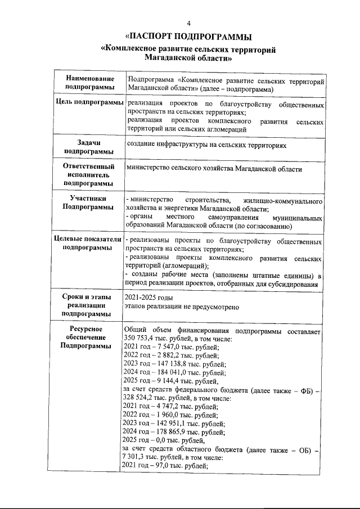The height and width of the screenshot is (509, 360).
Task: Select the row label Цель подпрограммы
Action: (90, 105)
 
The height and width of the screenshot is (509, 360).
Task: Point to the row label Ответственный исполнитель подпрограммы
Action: (90, 175)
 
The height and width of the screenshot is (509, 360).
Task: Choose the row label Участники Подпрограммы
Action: (90, 203)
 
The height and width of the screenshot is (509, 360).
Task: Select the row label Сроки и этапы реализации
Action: (90, 305)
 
